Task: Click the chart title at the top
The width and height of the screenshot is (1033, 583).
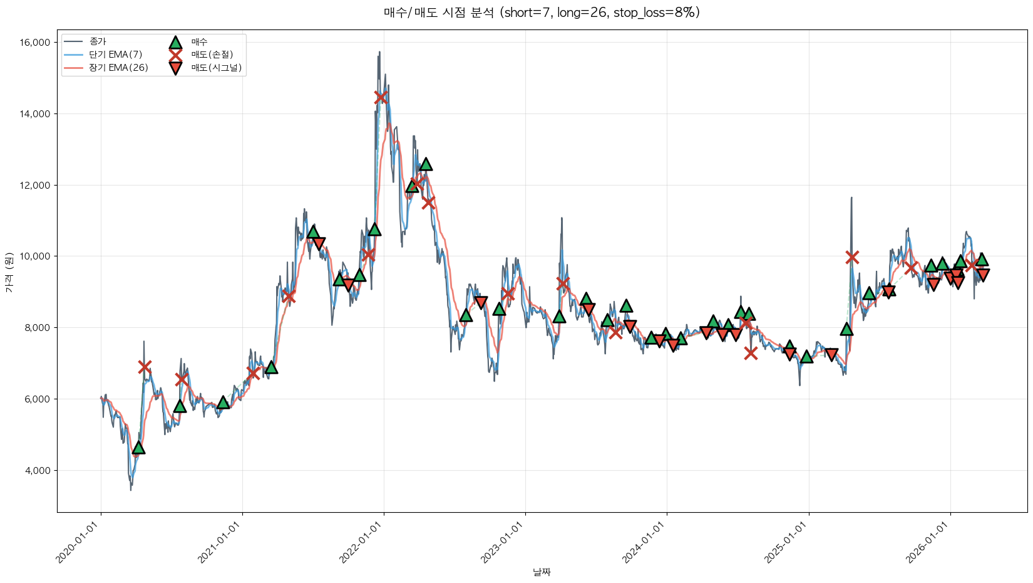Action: [542, 13]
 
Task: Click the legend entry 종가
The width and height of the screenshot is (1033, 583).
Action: [98, 41]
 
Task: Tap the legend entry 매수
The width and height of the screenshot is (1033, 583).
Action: [199, 42]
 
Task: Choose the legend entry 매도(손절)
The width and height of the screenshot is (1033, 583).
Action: [212, 55]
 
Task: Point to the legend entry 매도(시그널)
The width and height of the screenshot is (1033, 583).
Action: [216, 68]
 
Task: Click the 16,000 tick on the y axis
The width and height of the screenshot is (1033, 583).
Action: [36, 43]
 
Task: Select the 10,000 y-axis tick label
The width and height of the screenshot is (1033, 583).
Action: [36, 256]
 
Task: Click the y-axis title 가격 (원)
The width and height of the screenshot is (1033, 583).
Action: [9, 272]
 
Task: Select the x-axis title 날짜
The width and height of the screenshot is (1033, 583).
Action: [542, 572]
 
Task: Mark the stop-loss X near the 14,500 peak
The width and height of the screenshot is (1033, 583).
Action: [381, 97]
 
